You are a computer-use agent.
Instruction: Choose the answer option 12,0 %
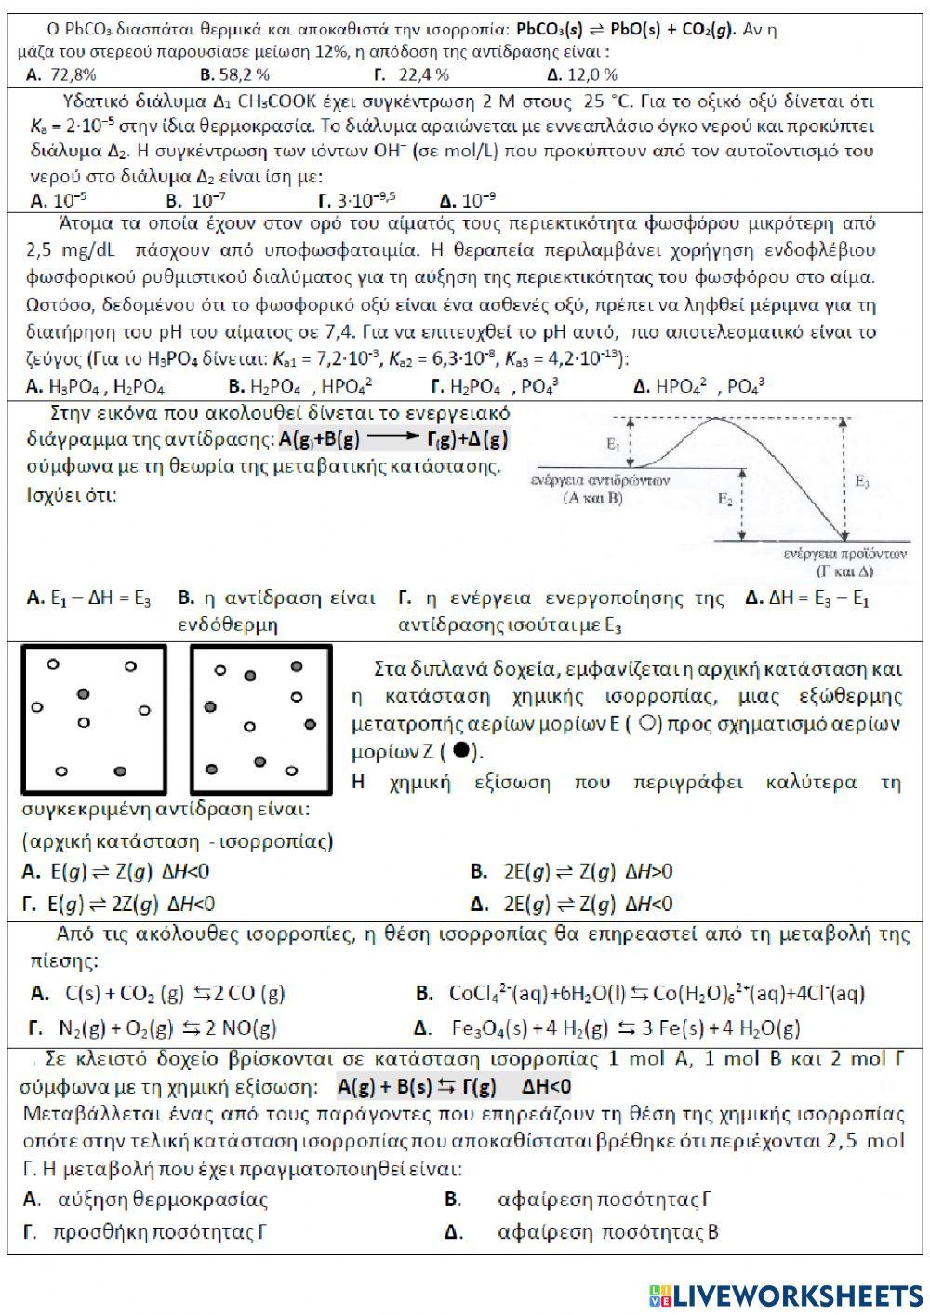(582, 74)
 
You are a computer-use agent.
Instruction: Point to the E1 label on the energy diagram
(613, 446)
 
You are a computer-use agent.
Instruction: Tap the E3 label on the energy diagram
(863, 482)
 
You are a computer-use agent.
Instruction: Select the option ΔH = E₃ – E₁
(806, 599)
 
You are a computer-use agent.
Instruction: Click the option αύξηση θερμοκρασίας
(149, 1200)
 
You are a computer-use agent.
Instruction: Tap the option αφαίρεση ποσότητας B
(595, 1233)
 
